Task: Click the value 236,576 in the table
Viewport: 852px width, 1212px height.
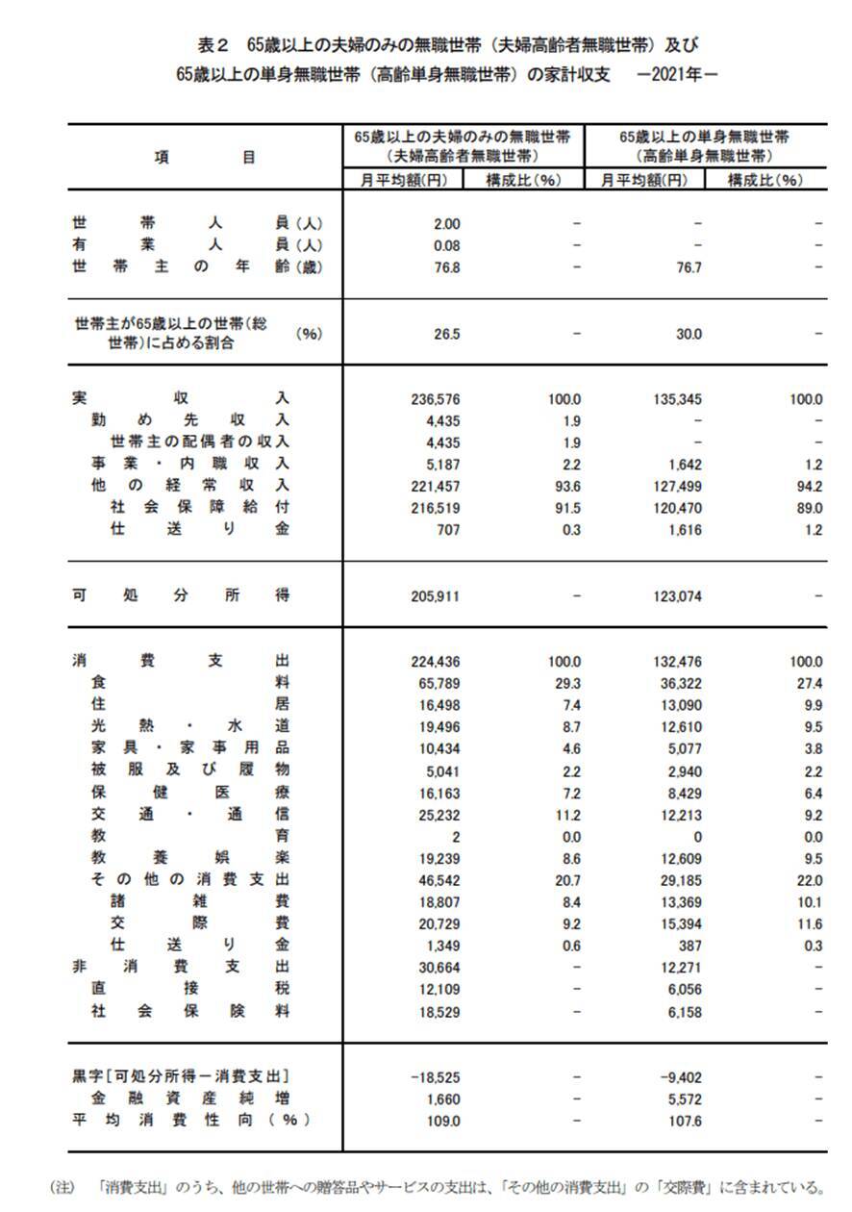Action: [x=436, y=398]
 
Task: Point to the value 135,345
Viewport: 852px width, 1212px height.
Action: [x=678, y=398]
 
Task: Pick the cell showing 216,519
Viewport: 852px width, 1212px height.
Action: [x=436, y=507]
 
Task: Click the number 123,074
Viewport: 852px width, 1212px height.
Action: [x=678, y=596]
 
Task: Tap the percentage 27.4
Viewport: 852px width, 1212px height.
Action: [x=810, y=683]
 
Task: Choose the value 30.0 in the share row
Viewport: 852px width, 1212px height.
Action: [x=689, y=335]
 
